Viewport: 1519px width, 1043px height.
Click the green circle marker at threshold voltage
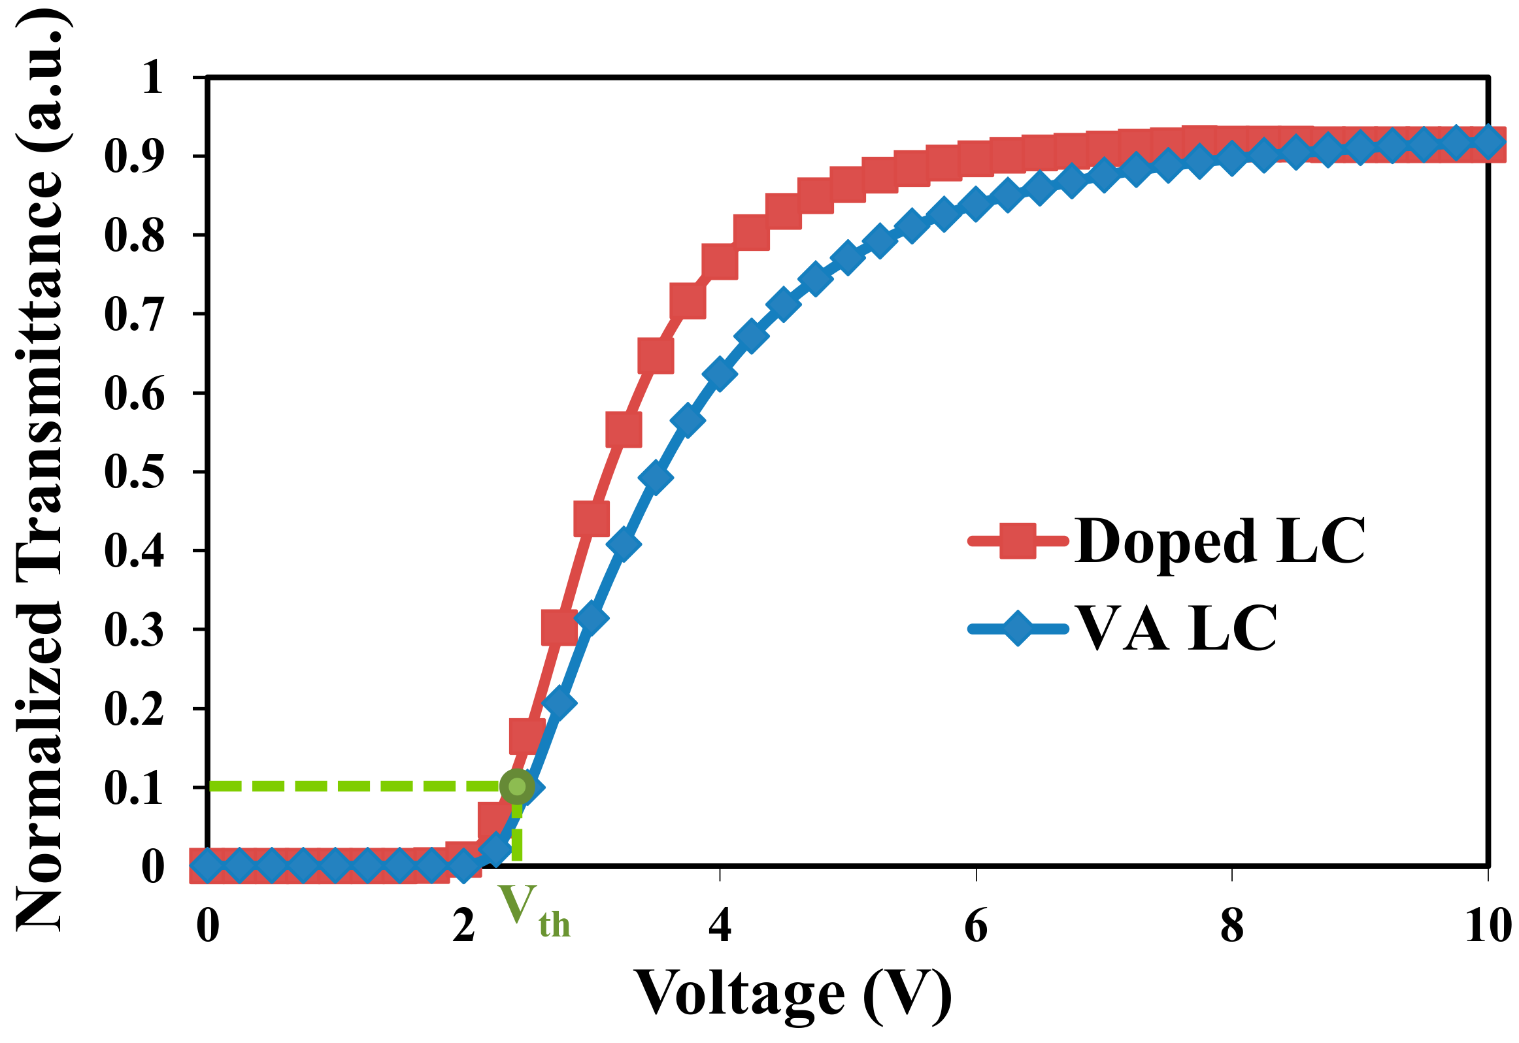pyautogui.click(x=516, y=786)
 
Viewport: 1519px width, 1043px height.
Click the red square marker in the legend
pyautogui.click(x=1018, y=541)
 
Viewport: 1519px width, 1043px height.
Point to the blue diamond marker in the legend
pyautogui.click(x=1018, y=629)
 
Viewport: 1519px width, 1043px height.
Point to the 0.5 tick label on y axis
pyautogui.click(x=134, y=472)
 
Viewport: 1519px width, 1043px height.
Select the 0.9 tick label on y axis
pyautogui.click(x=134, y=156)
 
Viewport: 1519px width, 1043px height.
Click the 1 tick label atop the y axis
pyautogui.click(x=152, y=78)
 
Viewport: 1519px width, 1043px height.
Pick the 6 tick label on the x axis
pyautogui.click(x=976, y=927)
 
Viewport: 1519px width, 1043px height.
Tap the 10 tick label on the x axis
pyautogui.click(x=1488, y=927)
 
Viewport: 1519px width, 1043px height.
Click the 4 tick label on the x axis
pyautogui.click(x=720, y=927)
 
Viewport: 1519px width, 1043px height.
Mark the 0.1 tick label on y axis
pyautogui.click(x=134, y=788)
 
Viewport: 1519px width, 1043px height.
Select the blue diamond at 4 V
pyautogui.click(x=719, y=374)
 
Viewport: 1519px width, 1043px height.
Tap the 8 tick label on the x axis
pyautogui.click(x=1232, y=927)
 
